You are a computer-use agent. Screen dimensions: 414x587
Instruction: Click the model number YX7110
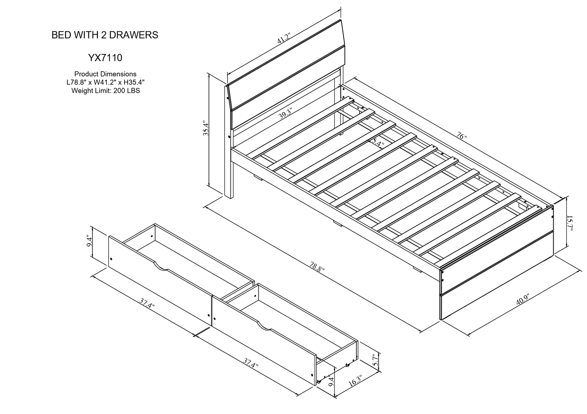(105, 58)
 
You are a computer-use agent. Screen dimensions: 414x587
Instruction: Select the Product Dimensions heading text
(105, 74)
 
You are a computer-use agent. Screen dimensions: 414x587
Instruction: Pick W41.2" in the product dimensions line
(105, 82)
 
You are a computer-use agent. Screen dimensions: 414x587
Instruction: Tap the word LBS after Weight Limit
(133, 90)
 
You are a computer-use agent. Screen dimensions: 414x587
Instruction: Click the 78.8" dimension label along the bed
(317, 267)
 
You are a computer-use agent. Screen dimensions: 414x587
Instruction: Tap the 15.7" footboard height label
(569, 223)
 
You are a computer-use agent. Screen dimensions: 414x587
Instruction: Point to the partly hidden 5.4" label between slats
(376, 142)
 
